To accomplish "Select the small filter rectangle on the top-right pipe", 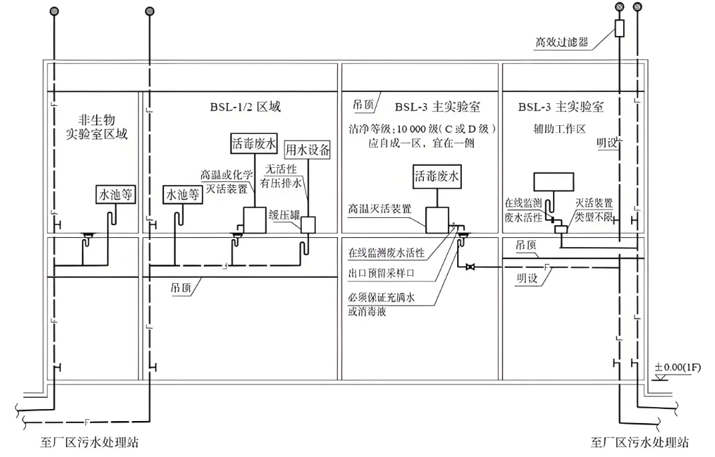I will pyautogui.click(x=619, y=28).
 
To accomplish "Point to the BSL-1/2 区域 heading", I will pyautogui.click(x=241, y=107).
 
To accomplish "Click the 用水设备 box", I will pyautogui.click(x=307, y=149).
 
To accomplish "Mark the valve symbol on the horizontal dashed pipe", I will pyautogui.click(x=471, y=267).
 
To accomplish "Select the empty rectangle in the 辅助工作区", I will pyautogui.click(x=556, y=182).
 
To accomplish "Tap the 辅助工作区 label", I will pyautogui.click(x=552, y=129).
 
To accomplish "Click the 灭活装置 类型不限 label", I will pyautogui.click(x=594, y=208).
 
